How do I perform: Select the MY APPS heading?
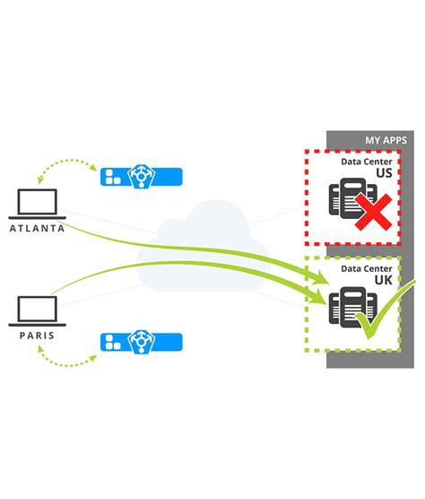pos(386,140)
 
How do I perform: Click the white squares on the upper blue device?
pos(112,176)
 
